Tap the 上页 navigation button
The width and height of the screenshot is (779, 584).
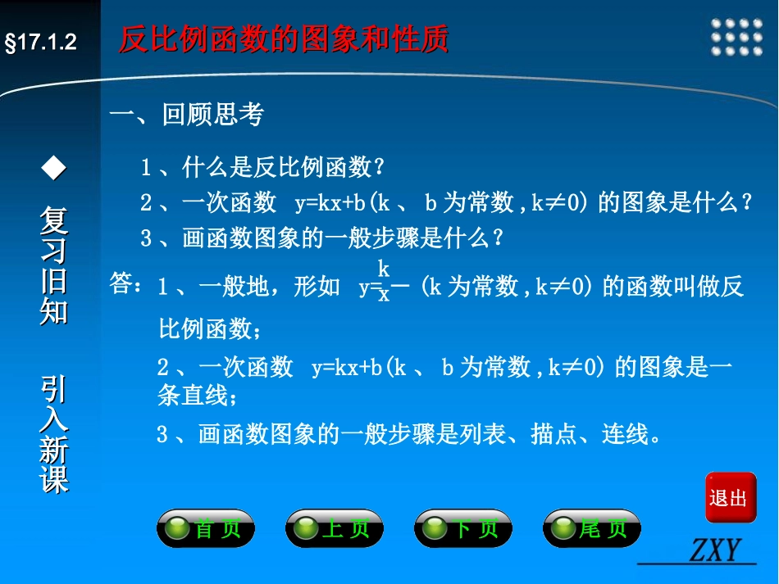click(334, 529)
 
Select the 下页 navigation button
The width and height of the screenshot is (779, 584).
click(462, 529)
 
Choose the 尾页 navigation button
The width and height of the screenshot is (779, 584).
click(591, 529)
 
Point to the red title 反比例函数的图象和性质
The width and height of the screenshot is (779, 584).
click(284, 38)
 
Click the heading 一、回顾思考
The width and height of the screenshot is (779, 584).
click(187, 115)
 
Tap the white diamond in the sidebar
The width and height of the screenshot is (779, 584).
click(54, 169)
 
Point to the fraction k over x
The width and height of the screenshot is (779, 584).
click(384, 280)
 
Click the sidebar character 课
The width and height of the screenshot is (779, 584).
click(54, 480)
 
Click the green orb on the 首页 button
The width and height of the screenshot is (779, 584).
click(177, 530)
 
